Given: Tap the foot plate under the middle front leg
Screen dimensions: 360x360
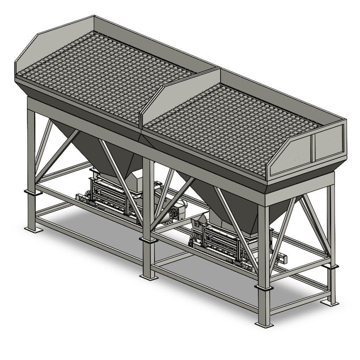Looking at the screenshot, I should (149, 277).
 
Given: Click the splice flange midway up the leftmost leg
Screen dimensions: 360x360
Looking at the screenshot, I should (31, 192).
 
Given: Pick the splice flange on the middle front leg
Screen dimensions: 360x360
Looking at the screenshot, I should (148, 240).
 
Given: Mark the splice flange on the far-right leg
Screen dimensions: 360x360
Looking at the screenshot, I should (332, 266).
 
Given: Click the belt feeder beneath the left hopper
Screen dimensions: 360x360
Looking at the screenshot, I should (109, 197).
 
